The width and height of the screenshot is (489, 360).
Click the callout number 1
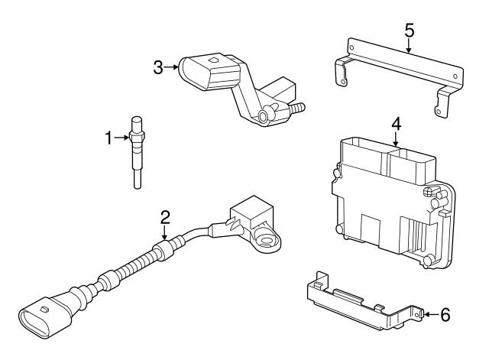point(108,138)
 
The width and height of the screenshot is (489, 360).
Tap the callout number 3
point(158,67)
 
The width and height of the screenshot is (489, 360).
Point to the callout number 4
point(396,122)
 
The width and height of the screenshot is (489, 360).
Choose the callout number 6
point(446,314)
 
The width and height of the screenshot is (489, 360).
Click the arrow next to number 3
point(173,67)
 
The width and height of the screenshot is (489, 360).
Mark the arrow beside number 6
point(429,314)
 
